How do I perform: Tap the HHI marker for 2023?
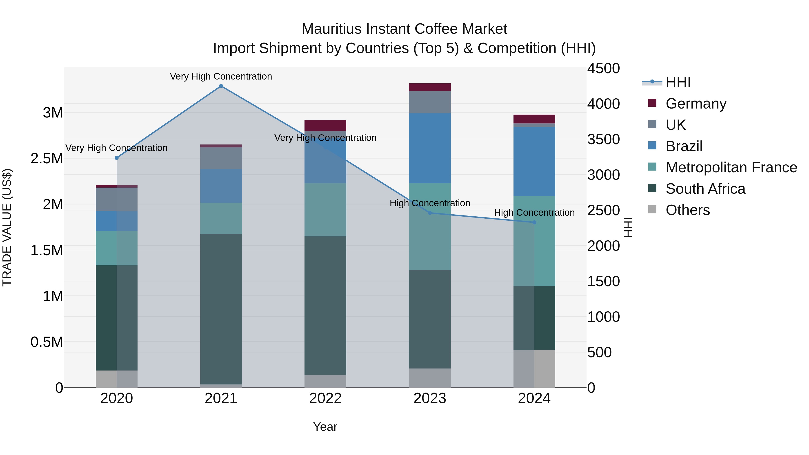430,213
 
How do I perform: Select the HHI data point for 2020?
116,158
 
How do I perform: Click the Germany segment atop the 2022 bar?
325,125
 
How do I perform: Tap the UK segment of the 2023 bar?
430,102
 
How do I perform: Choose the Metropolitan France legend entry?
731,167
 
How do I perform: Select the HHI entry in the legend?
678,82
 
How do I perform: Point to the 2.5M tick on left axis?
47,159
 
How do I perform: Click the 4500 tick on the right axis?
603,69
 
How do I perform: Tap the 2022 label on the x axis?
325,398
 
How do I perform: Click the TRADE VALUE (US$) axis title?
7,227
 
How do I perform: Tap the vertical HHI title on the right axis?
628,227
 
